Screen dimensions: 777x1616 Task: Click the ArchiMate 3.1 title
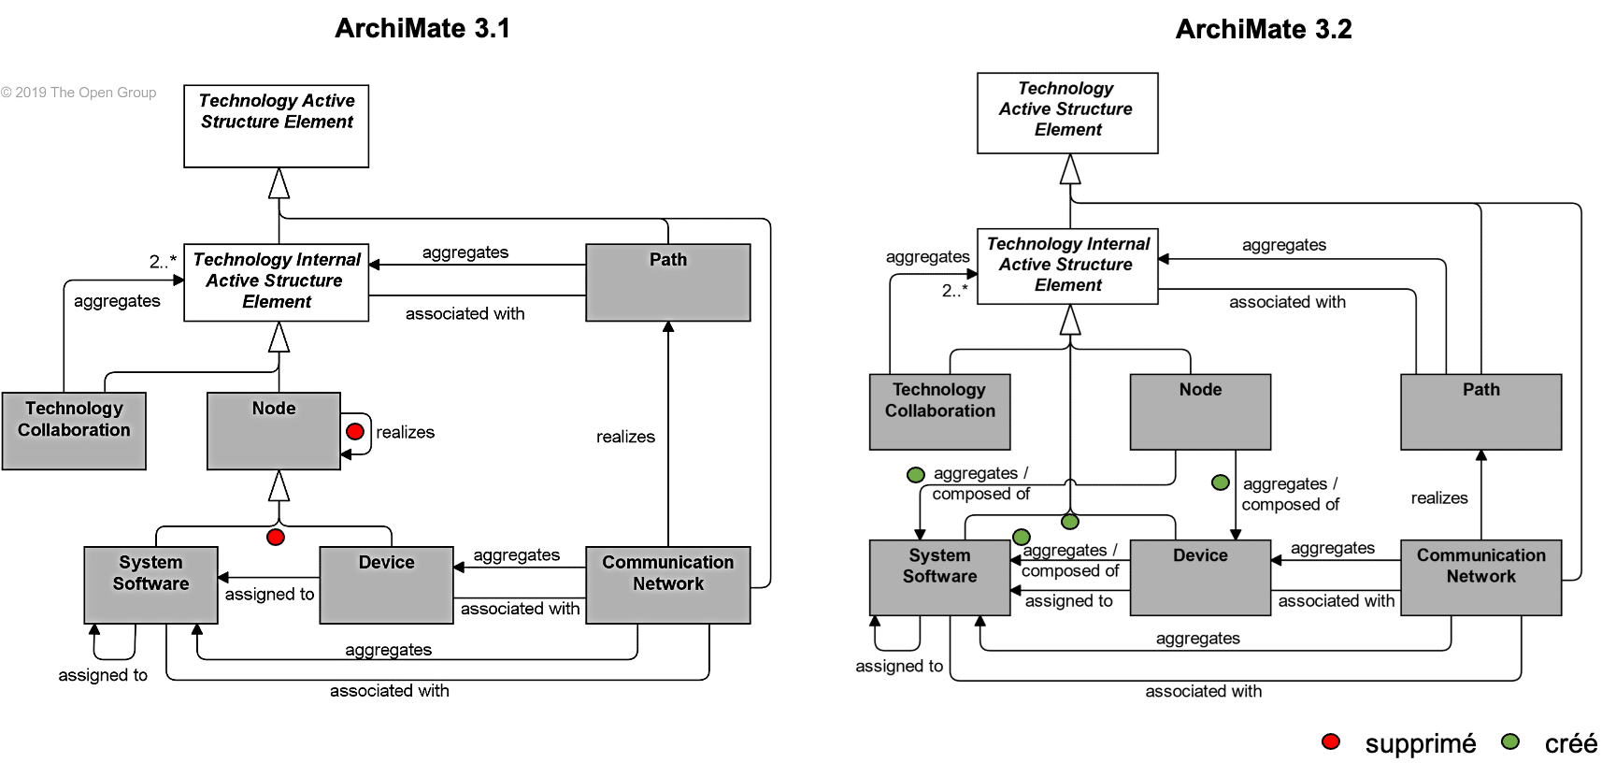[422, 28]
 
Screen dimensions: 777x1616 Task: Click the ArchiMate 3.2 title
[1263, 29]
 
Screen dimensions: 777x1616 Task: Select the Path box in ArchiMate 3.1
[667, 282]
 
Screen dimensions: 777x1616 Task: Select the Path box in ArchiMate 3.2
[1480, 411]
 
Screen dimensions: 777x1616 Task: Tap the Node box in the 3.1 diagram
[273, 430]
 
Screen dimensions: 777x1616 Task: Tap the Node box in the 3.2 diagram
[1200, 411]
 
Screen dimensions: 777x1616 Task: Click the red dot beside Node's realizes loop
[355, 431]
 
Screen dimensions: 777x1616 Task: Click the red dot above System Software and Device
[276, 537]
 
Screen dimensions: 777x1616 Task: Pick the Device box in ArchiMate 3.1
[386, 584]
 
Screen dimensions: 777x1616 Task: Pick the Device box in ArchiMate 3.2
[1200, 577]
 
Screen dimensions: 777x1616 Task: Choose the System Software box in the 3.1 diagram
[150, 584]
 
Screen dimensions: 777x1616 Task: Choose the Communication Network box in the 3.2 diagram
[1480, 577]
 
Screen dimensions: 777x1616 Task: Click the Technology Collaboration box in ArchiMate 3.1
[74, 430]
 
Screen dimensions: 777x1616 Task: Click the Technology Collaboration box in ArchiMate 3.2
[939, 411]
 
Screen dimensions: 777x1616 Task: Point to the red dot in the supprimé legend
[1331, 742]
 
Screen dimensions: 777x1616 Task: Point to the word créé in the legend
[1570, 744]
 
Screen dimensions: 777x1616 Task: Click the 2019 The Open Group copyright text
[79, 93]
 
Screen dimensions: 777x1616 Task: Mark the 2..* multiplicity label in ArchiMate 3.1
[163, 262]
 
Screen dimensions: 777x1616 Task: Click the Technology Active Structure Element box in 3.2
[1067, 113]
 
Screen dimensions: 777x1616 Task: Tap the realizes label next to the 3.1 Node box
[405, 432]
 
